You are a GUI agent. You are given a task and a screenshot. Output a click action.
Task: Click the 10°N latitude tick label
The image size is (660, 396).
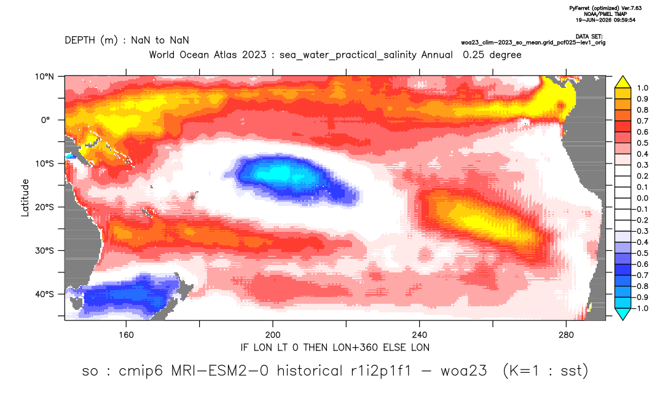click(x=44, y=77)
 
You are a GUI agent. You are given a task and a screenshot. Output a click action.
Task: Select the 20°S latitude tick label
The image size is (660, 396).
click(x=44, y=207)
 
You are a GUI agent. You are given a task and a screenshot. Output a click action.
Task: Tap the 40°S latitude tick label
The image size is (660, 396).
click(x=44, y=294)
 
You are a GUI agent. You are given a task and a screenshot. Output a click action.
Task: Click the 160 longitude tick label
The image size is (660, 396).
click(x=126, y=335)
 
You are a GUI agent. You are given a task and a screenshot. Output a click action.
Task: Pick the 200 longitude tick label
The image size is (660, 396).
click(x=273, y=335)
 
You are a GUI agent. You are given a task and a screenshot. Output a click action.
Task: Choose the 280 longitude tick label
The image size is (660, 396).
click(x=566, y=335)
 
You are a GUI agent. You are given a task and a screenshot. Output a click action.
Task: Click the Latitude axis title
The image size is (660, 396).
click(x=25, y=198)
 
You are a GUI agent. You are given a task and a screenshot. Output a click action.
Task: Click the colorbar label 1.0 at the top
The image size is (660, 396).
click(x=642, y=88)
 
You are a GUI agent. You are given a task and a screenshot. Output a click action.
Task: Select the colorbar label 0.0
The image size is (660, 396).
click(x=642, y=198)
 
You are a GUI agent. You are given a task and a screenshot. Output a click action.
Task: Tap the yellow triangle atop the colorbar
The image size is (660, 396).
click(x=623, y=82)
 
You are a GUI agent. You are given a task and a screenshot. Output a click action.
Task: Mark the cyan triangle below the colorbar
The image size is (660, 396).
click(x=623, y=314)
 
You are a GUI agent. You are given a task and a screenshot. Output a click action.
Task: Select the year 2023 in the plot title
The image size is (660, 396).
click(x=254, y=55)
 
